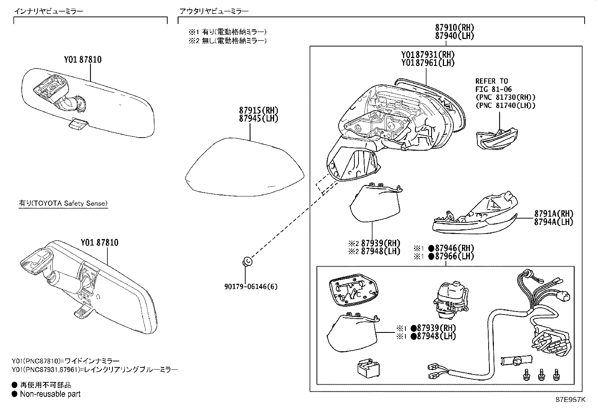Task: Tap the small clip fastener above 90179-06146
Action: pyautogui.click(x=247, y=261)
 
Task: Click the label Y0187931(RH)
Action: pyautogui.click(x=427, y=55)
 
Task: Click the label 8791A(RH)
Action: pyautogui.click(x=554, y=213)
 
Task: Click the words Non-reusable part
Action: pyautogui.click(x=50, y=394)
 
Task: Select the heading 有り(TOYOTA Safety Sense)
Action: pyautogui.click(x=63, y=203)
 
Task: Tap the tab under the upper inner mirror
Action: pyautogui.click(x=78, y=124)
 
